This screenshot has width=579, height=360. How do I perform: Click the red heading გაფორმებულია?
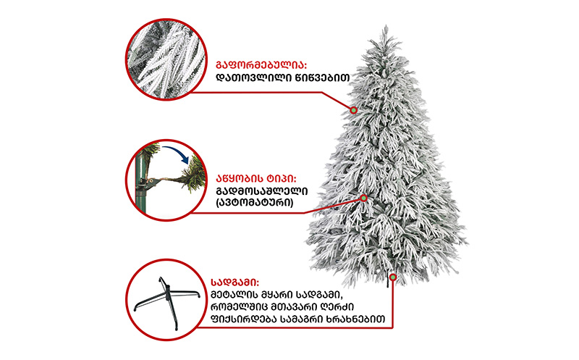tap(261, 65)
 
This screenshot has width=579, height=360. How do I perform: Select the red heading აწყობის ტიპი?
tap(256, 179)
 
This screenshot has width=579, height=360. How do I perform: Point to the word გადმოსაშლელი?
tap(261, 191)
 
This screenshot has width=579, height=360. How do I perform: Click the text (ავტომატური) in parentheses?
tap(255, 203)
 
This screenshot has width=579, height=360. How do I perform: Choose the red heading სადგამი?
tap(234, 282)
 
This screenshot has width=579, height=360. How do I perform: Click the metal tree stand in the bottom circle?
tap(166, 300)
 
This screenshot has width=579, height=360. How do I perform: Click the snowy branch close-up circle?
tap(166, 59)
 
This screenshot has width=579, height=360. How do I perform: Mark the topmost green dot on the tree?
tap(354, 110)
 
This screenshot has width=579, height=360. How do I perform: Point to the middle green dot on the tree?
tap(364, 198)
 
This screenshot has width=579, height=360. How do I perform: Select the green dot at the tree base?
tap(393, 277)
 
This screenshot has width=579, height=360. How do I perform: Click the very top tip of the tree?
tap(386, 25)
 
